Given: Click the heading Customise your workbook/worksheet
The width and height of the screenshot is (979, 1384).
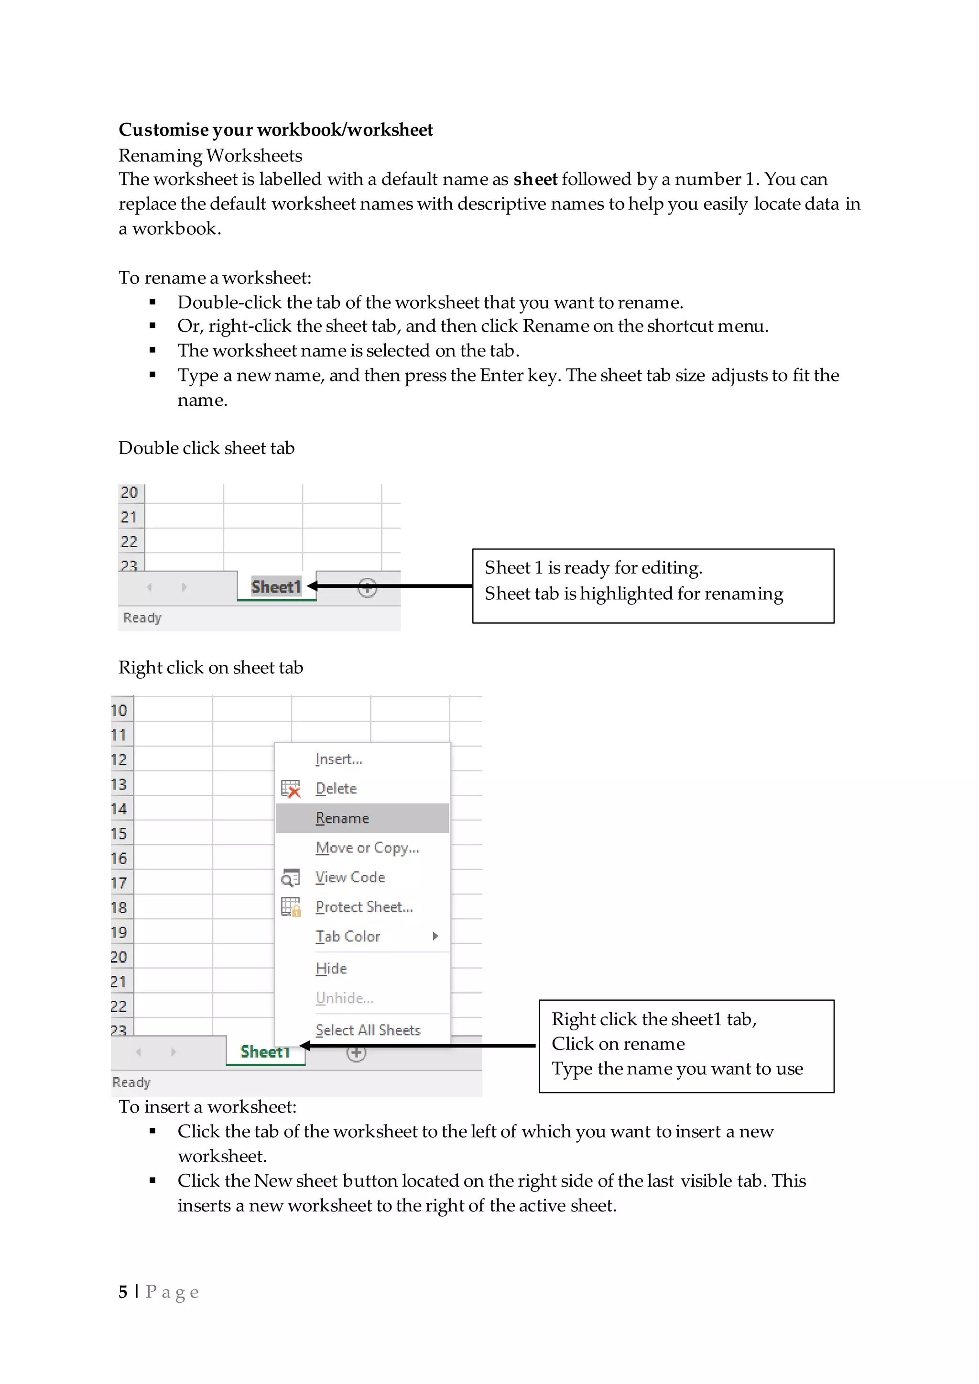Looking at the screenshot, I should [x=275, y=130].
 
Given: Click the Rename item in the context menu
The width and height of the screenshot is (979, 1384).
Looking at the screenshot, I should [x=342, y=818].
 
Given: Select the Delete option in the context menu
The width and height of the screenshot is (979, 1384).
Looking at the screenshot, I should [x=336, y=789].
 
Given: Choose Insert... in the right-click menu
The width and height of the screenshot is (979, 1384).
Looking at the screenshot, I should [x=338, y=759].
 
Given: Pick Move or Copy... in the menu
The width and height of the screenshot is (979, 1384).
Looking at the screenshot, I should [x=367, y=847].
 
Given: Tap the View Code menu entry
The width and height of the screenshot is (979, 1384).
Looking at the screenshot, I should [x=349, y=877].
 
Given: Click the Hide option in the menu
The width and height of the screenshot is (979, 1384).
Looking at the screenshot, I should [x=331, y=968].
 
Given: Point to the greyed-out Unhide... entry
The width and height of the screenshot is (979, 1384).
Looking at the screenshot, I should [x=344, y=998].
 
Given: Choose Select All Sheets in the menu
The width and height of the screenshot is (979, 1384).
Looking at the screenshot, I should [x=368, y=1030].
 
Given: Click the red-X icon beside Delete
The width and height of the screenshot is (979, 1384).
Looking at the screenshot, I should [x=291, y=789].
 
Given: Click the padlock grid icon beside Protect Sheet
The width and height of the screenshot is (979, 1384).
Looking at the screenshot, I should [x=291, y=907].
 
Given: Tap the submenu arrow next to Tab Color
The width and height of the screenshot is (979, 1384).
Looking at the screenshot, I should [x=435, y=936].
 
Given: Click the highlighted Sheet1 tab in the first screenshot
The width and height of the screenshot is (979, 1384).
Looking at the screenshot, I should [x=275, y=586].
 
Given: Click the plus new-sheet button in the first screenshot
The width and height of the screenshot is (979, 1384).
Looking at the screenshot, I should [x=367, y=587].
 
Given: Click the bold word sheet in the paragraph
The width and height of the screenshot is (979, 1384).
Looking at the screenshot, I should [x=535, y=179].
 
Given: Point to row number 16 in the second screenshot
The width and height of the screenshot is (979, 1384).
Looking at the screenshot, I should [x=119, y=858].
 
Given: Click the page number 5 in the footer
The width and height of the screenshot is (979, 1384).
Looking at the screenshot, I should [x=123, y=1291].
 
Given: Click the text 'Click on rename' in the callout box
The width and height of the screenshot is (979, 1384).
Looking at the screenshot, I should [x=618, y=1043].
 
